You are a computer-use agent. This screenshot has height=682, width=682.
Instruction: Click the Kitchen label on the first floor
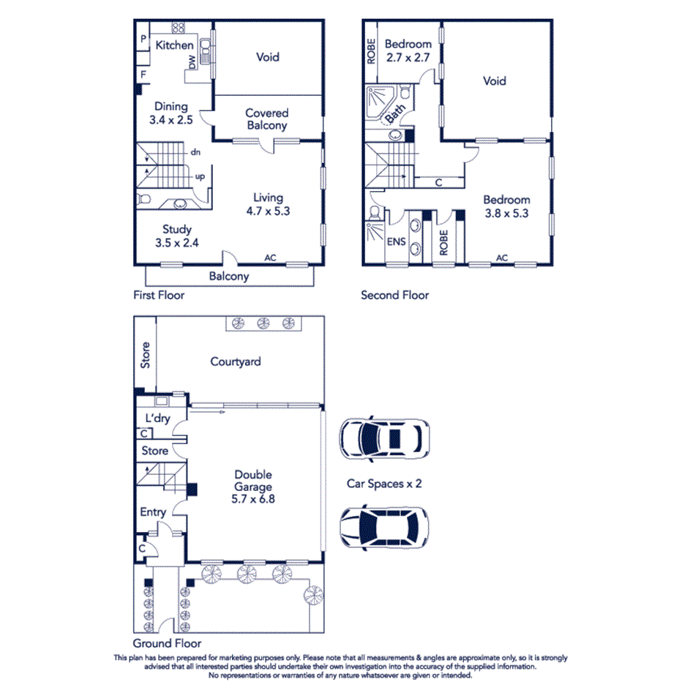174,45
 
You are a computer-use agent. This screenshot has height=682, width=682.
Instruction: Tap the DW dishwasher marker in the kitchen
192,63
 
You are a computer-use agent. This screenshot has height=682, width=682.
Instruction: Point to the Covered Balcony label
267,119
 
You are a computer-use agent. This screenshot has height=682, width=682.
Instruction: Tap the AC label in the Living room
271,258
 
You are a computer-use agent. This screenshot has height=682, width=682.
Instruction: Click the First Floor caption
159,295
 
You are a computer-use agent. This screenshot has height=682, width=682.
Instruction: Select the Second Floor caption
394,295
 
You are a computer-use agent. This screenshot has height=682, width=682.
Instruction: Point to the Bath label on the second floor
395,113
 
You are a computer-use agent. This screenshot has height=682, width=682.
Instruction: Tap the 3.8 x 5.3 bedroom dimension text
506,214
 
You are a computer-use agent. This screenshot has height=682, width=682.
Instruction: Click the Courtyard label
236,361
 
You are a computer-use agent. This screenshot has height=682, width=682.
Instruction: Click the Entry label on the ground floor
153,512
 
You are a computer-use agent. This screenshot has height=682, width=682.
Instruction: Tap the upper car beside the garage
383,439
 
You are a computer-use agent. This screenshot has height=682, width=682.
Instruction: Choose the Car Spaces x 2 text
384,484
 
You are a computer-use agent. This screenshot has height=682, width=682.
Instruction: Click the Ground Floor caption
167,643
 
